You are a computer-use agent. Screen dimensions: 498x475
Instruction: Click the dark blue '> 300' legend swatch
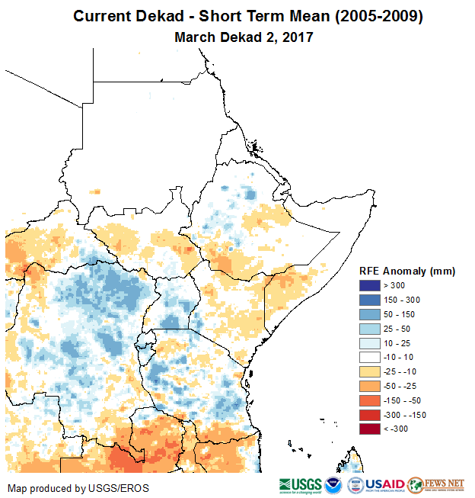[x=370, y=286]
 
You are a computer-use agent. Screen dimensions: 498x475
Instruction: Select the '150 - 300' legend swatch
[x=370, y=300]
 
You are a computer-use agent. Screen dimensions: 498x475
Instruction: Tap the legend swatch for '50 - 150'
[x=370, y=314]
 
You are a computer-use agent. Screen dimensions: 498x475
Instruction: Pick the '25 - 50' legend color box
[x=370, y=329]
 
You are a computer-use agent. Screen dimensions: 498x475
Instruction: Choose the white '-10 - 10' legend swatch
[x=370, y=357]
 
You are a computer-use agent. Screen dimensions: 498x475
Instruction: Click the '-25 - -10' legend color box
[x=370, y=371]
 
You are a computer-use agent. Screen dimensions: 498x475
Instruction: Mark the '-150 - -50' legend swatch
[x=370, y=400]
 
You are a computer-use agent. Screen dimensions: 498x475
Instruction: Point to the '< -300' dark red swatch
[x=370, y=429]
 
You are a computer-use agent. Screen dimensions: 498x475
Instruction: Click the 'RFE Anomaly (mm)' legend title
[x=406, y=271]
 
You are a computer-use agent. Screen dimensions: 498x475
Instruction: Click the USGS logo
[x=299, y=485]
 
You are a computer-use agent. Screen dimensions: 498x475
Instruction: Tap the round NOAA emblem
[x=333, y=485]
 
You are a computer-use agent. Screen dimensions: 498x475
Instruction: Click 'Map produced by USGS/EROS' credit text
[x=78, y=488]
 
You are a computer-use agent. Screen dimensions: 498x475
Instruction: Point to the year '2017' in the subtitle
[x=298, y=37]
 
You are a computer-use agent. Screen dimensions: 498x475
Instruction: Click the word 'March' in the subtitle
[x=195, y=37]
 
